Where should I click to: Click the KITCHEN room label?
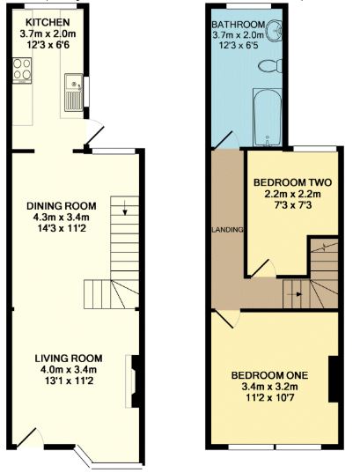pos(48,22)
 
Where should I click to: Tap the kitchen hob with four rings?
pos(22,70)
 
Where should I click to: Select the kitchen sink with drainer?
pos(74,92)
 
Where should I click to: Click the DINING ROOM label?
pos(62,206)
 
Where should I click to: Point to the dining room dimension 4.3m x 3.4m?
pos(62,218)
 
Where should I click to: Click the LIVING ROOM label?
pos(69,358)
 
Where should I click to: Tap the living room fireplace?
pos(134,381)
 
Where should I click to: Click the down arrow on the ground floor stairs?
pos(125,209)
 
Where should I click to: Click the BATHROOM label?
pos(239,24)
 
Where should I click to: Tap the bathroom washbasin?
pos(274,31)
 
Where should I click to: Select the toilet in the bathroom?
pos(270,66)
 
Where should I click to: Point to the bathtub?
pos(267,117)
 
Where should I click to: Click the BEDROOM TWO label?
pos(292,182)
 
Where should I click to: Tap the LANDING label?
pos(228,230)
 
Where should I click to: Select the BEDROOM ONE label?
pos(269,375)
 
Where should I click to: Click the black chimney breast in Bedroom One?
pos(334,379)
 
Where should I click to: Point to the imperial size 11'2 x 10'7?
pos(269,398)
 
